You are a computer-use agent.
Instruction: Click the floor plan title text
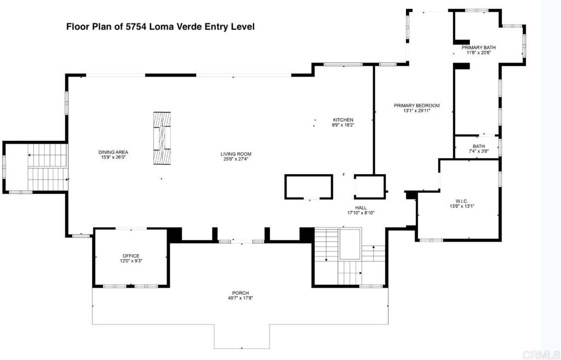(160, 26)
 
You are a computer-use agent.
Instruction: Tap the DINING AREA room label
(113, 152)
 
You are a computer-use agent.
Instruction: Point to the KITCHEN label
(344, 120)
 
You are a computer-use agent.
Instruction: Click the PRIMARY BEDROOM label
(416, 105)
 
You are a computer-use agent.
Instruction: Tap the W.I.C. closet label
(459, 201)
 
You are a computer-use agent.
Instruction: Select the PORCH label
(241, 293)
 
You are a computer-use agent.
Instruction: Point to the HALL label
(360, 208)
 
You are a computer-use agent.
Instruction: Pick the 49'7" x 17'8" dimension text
(241, 298)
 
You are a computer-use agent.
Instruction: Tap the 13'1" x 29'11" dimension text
(416, 111)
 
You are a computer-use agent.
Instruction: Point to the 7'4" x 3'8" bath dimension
(479, 151)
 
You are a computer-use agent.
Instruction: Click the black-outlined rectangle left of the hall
(308, 186)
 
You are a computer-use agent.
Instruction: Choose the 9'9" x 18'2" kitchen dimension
(344, 125)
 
